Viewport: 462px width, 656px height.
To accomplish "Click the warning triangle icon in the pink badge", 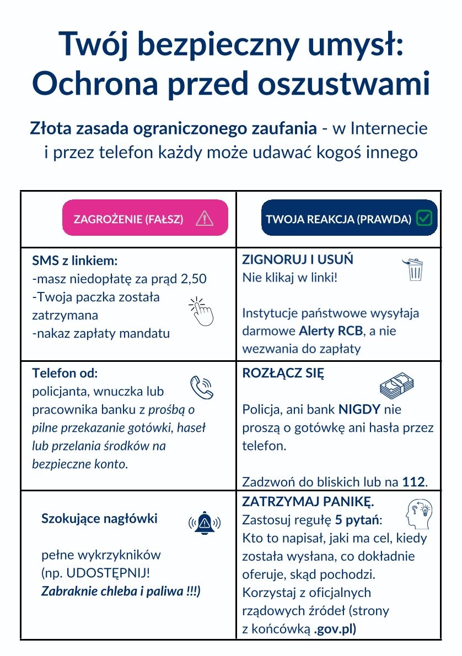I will point(205,219).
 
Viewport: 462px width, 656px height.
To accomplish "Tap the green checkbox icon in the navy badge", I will point(424,218).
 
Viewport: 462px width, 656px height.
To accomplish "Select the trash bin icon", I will point(413,269).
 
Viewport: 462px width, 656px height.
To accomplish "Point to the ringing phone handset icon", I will point(201,388).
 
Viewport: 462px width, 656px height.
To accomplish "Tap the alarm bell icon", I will point(205,521).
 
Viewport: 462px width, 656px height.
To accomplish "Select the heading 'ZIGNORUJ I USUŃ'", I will point(298,259).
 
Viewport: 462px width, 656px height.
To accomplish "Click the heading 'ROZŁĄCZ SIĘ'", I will point(283,373).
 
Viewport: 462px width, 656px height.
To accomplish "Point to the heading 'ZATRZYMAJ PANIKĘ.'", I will point(308,502).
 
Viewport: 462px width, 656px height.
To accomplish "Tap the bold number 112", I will point(413,482).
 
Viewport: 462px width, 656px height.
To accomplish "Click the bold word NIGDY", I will point(359,410).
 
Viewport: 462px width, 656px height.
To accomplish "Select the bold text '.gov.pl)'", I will point(335,629).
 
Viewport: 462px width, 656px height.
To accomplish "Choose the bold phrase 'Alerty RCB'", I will point(327,332).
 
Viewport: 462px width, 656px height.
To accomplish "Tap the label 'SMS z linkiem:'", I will point(76,261).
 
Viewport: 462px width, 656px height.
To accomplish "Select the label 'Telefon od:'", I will point(65,373).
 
